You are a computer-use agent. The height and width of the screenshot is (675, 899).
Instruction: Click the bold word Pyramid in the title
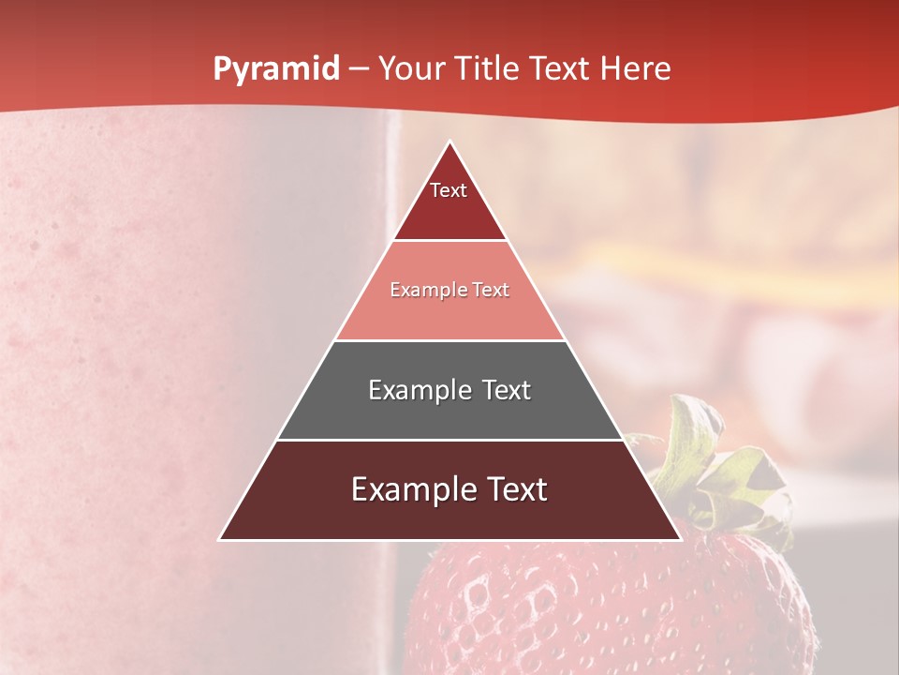coord(276,69)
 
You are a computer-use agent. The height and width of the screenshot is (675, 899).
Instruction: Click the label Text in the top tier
coord(449,190)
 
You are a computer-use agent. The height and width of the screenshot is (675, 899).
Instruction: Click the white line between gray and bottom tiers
coord(449,440)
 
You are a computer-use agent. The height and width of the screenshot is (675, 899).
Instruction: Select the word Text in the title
coord(559,69)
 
